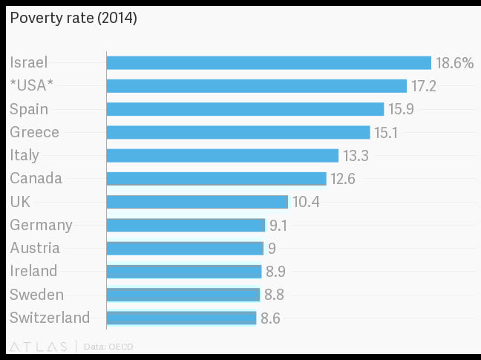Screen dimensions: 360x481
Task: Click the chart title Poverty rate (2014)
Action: [x=73, y=19]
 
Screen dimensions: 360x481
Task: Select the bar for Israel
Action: [x=269, y=63]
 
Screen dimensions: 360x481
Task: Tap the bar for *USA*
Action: [x=256, y=86]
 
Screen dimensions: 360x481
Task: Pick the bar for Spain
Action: [x=245, y=109]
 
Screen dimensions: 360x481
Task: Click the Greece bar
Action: [x=238, y=132]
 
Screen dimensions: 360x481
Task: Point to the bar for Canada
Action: [x=216, y=179]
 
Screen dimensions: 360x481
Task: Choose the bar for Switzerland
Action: [x=181, y=318]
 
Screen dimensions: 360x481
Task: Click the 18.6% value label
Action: [x=454, y=63]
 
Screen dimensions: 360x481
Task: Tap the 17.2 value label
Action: [x=423, y=86]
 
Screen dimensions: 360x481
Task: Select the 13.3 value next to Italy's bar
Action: [x=356, y=155]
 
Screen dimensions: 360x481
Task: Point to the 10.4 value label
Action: [x=306, y=202]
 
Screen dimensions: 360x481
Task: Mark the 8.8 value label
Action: [x=274, y=295]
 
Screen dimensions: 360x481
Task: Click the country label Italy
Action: [x=24, y=155]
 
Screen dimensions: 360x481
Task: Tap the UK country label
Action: [x=20, y=202]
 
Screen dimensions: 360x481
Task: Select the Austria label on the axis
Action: [x=35, y=248]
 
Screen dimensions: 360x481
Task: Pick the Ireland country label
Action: [x=33, y=271]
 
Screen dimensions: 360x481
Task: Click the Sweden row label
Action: [x=36, y=295]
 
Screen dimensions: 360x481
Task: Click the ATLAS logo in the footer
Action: [x=38, y=346]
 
